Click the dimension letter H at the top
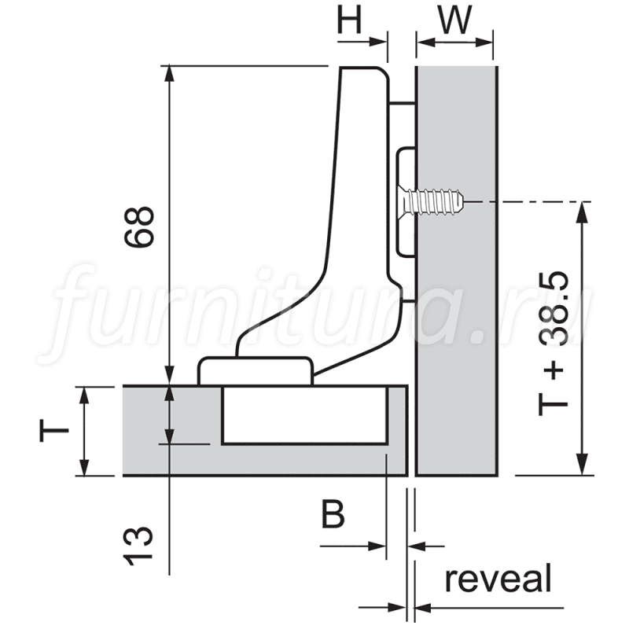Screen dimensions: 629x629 click(349, 20)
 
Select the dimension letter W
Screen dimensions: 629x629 click(455, 20)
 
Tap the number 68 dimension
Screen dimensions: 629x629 click(139, 227)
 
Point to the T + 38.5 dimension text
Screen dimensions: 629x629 click(553, 344)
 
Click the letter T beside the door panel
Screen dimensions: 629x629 click(54, 430)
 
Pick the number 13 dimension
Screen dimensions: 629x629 click(138, 546)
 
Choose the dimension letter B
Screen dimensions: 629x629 click(333, 515)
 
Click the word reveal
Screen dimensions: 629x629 click(498, 579)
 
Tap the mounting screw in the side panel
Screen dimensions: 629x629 click(430, 201)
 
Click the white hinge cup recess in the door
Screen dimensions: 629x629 click(304, 416)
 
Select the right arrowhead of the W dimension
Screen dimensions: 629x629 click(484, 42)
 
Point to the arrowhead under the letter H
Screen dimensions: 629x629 click(378, 42)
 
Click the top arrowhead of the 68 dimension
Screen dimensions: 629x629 click(170, 74)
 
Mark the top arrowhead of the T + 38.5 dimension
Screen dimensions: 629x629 click(582, 211)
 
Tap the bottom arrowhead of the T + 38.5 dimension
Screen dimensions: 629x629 click(582, 465)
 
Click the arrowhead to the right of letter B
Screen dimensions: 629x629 click(377, 546)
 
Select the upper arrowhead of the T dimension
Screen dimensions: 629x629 click(84, 396)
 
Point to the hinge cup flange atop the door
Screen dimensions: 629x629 click(255, 371)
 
